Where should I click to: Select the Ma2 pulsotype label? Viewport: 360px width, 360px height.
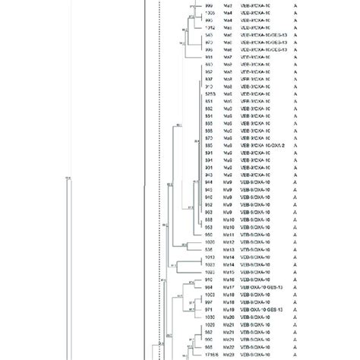[x=227, y=5]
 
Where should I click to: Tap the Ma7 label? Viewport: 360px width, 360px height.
[x=227, y=57]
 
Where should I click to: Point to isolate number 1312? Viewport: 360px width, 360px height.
[x=210, y=27]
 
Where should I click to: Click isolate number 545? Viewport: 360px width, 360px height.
[x=209, y=35]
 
